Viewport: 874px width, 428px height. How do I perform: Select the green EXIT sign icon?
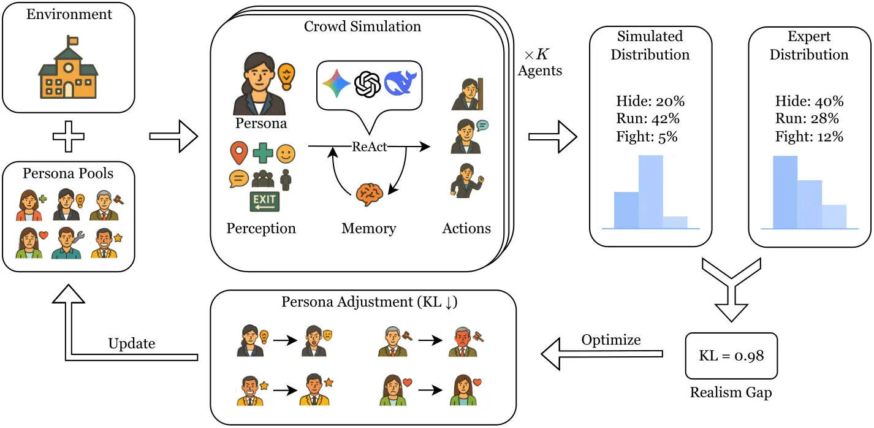point(264,202)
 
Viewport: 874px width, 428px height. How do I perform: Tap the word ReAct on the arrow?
point(369,147)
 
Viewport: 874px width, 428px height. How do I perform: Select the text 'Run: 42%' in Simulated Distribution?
point(647,118)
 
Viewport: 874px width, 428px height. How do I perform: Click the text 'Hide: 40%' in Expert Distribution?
point(809,101)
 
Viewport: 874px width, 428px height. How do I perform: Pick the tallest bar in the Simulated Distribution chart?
point(650,191)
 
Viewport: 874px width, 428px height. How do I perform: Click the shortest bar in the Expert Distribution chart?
point(834,216)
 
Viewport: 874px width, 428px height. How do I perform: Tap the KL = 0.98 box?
point(731,356)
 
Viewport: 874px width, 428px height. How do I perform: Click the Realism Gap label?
point(731,393)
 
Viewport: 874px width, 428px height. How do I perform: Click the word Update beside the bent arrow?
point(131,343)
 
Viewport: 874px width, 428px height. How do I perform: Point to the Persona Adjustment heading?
point(362,302)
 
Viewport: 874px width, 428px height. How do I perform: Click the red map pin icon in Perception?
point(239,152)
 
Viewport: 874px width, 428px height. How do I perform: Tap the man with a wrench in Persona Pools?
point(67,243)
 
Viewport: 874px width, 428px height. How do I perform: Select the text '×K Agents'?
point(539,63)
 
